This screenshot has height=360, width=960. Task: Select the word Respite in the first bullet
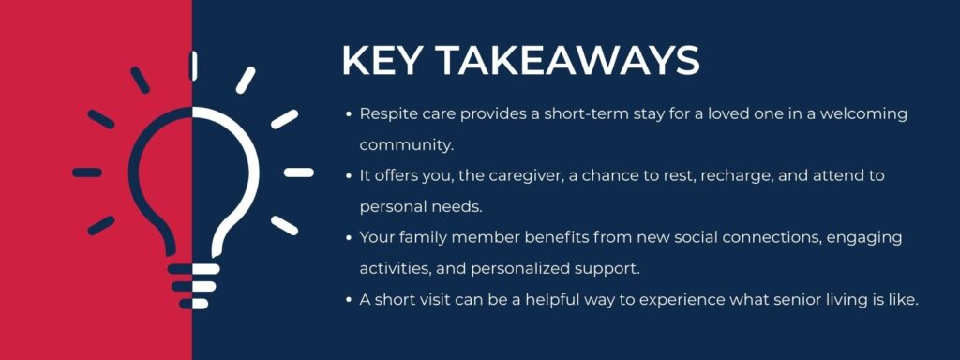click(x=386, y=113)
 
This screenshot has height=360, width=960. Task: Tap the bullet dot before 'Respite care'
click(x=350, y=113)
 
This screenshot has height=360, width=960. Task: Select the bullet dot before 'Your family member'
click(x=350, y=237)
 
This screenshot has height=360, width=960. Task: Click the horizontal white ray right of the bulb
click(x=298, y=172)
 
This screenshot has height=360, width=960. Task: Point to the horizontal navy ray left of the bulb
click(x=87, y=172)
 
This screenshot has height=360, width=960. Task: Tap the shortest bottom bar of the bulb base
click(x=194, y=303)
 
